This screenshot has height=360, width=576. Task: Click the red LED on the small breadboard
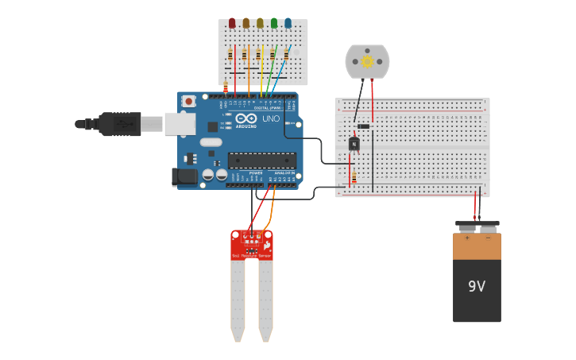[232, 24]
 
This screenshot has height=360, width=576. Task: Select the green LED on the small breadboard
[274, 24]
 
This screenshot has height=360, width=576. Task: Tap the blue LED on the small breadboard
[288, 24]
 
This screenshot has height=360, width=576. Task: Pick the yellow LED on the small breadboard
[260, 24]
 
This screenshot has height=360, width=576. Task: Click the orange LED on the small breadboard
[245, 24]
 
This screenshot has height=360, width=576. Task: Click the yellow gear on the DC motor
[367, 61]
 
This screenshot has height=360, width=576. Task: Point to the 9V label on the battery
[477, 286]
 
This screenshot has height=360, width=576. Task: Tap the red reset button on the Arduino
[188, 102]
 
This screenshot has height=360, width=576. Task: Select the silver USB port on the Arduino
[180, 123]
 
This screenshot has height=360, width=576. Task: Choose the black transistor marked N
[354, 144]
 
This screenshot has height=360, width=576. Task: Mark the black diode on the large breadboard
[363, 126]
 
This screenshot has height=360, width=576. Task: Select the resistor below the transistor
[354, 179]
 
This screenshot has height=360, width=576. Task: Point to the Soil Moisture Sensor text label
[251, 256]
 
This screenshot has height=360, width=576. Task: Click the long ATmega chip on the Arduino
[262, 160]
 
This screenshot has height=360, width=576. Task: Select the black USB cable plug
[120, 124]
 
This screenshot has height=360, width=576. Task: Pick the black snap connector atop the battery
[477, 225]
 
